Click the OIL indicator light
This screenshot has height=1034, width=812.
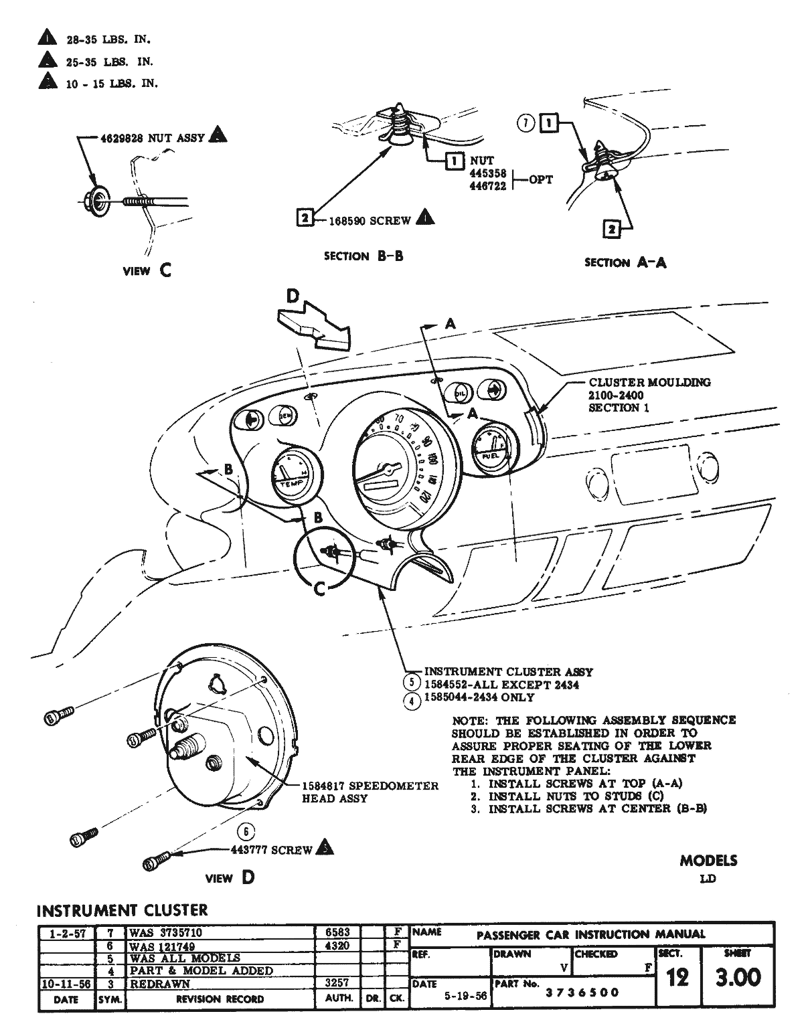pyautogui.click(x=460, y=393)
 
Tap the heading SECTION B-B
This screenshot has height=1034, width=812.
pyautogui.click(x=363, y=256)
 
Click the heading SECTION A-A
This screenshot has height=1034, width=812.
pyautogui.click(x=625, y=262)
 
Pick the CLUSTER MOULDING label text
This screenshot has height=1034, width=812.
pyautogui.click(x=649, y=383)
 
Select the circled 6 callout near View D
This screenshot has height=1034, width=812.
pyautogui.click(x=246, y=832)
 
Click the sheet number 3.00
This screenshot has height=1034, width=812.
pyautogui.click(x=738, y=978)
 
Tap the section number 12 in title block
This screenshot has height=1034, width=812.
pyautogui.click(x=677, y=978)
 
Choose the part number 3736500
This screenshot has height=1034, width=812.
pyautogui.click(x=582, y=993)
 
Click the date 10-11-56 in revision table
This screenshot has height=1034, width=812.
pyautogui.click(x=66, y=984)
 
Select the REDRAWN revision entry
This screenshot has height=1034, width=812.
pyautogui.click(x=160, y=984)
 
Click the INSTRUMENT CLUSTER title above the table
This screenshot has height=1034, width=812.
pyautogui.click(x=122, y=910)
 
